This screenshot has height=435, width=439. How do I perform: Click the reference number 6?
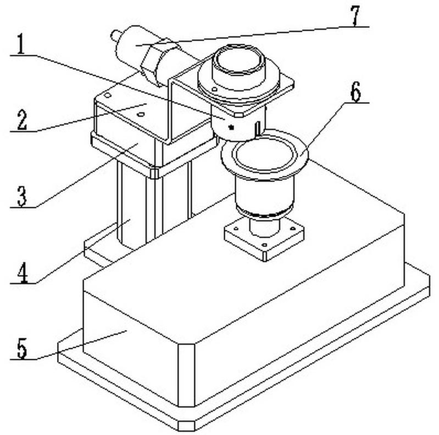(x=356, y=93)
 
